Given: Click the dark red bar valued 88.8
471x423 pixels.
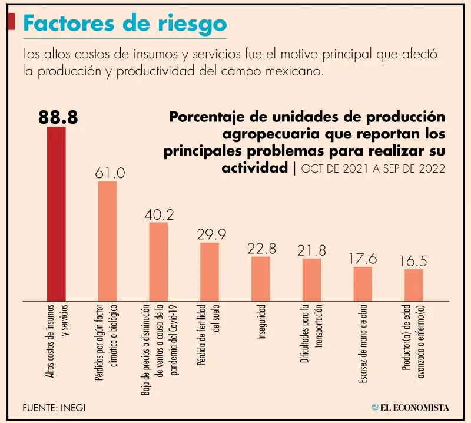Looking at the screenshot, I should [x=57, y=213].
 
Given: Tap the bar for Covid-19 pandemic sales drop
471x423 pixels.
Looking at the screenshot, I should [x=158, y=261].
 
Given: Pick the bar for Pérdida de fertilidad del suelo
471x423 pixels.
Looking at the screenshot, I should [x=210, y=271].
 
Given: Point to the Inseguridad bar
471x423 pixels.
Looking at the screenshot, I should [x=261, y=278].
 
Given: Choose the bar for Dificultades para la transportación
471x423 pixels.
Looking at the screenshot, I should [x=312, y=279].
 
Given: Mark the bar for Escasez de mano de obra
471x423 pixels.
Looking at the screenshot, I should [x=363, y=283].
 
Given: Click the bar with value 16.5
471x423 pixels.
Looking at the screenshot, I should [x=414, y=285].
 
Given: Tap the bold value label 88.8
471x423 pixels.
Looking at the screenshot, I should [x=58, y=117].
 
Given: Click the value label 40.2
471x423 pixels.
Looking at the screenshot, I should [x=159, y=214].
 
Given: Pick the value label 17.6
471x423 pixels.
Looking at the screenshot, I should [x=363, y=259].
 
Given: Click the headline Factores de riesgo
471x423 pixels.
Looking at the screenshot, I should [x=124, y=24].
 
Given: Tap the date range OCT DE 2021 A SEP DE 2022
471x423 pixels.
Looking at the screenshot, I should [x=372, y=168].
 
